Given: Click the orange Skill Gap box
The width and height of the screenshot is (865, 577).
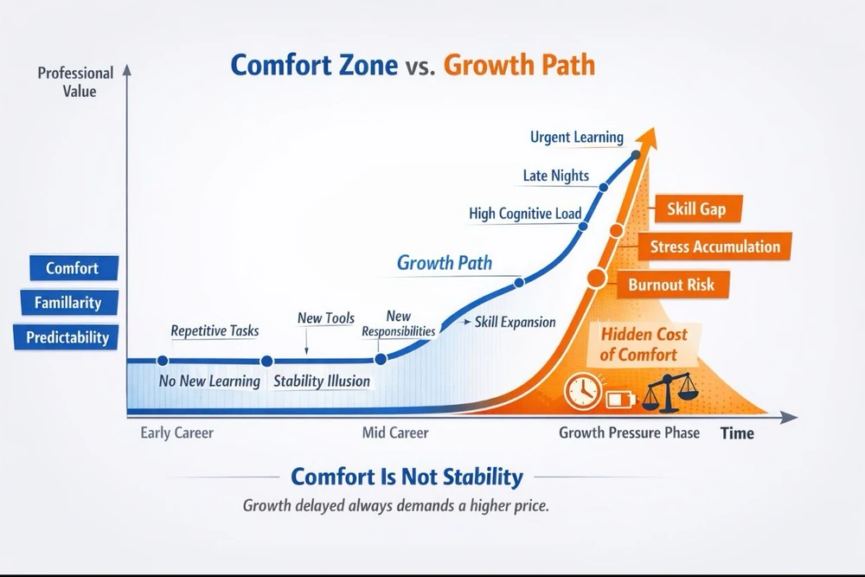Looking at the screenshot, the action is tap(698, 209).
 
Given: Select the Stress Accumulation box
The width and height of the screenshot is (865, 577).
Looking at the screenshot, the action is tap(714, 246).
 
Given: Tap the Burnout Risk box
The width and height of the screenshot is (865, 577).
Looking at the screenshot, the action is tap(672, 285).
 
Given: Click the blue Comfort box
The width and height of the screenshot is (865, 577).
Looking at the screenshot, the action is tap(74, 268).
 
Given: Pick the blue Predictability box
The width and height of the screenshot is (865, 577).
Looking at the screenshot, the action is tap(67, 337).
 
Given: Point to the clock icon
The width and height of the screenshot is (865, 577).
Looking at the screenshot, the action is tap(582, 391).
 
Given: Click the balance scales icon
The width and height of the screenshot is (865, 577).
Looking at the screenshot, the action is tap(668, 393).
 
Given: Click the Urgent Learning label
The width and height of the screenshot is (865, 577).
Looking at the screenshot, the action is tap(576, 137).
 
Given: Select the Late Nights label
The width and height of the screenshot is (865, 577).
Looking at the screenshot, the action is tap(556, 176).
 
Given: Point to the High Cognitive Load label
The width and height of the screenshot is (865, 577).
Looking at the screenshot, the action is tap(525, 214).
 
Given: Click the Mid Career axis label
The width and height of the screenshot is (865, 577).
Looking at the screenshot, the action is tap(395, 433).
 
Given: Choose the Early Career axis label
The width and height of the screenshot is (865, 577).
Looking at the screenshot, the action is tap(176, 433).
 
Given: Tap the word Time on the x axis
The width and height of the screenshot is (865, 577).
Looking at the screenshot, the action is tap(737, 433).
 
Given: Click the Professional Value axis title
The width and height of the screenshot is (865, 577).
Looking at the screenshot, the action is tap(75, 82).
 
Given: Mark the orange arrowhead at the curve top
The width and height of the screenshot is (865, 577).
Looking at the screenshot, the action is tap(648, 137).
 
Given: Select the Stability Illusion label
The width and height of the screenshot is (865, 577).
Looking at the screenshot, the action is tap(322, 381).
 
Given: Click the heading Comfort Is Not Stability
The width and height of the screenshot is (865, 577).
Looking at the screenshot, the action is tap(407, 477).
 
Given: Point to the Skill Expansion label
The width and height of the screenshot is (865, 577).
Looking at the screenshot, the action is tap(515, 322).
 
